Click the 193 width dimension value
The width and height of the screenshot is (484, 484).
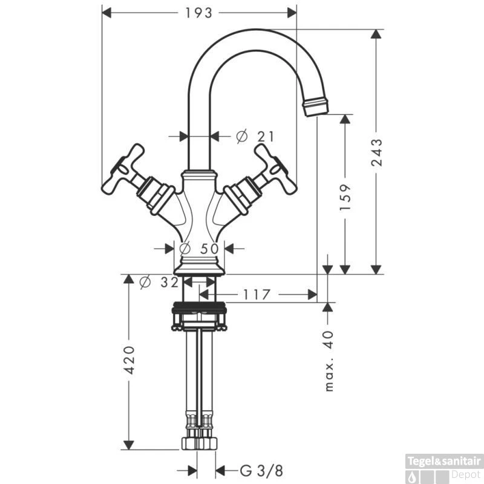[198, 13]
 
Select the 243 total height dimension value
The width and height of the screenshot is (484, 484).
[376, 152]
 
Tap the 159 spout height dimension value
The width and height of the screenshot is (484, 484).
[345, 198]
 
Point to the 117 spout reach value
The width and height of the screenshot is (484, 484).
[257, 295]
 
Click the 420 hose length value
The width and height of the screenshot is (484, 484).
[129, 360]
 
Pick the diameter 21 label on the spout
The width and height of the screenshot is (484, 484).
[255, 137]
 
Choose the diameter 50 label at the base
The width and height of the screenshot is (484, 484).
[199, 249]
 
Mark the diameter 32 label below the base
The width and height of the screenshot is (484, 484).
[159, 282]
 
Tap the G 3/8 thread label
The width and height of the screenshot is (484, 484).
[261, 471]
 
